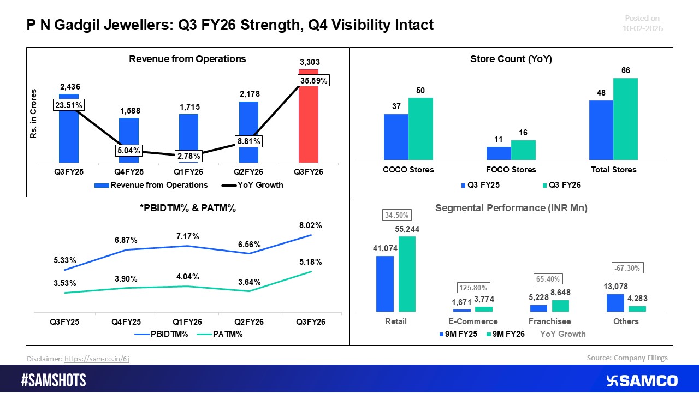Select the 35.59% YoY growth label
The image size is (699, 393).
pos(315,81)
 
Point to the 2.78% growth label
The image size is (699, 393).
pos(188,157)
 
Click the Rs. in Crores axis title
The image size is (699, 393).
pos(34,114)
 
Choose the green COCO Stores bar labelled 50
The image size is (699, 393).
pos(420,129)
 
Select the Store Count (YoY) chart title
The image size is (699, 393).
pos(511,59)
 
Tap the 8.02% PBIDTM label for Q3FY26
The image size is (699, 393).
pos(310,225)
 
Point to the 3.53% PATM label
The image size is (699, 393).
pos(65,283)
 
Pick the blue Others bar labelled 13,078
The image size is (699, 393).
pos(615,303)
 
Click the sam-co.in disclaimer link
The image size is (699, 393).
pos(97,359)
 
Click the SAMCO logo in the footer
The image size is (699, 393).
pos(641,380)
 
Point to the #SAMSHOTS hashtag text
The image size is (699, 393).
pos(54,380)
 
